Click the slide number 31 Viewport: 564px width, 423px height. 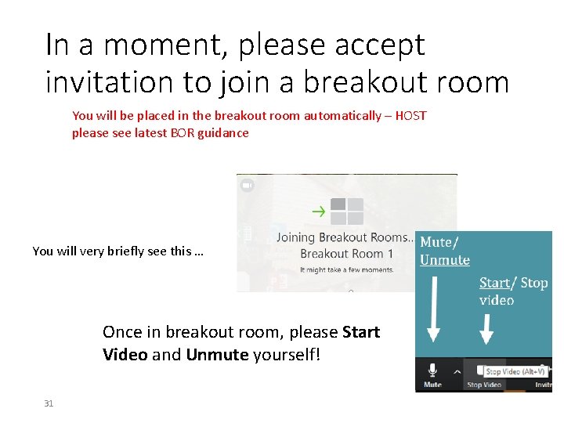tap(49, 403)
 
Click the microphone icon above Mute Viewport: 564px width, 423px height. tap(432, 369)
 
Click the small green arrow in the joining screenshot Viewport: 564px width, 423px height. tap(318, 210)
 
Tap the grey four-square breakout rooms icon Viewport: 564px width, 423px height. tap(347, 211)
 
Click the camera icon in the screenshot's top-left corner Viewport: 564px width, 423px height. tap(247, 186)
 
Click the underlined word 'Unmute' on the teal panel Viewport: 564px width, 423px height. tap(444, 260)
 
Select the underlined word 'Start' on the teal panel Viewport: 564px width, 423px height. tap(494, 282)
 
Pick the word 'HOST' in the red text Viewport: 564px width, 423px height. tap(410, 116)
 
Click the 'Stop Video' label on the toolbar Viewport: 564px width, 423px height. tap(483, 385)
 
